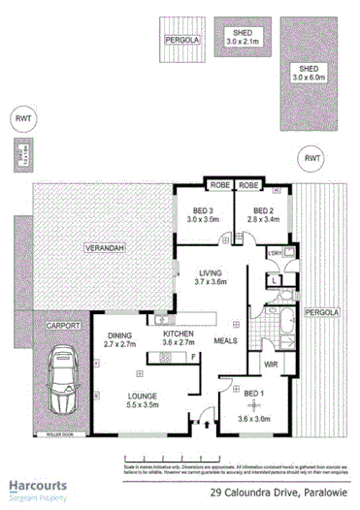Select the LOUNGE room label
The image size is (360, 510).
142,395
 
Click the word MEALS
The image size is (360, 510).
226,341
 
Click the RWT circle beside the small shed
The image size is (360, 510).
312,157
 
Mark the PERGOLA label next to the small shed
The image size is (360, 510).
180,40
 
